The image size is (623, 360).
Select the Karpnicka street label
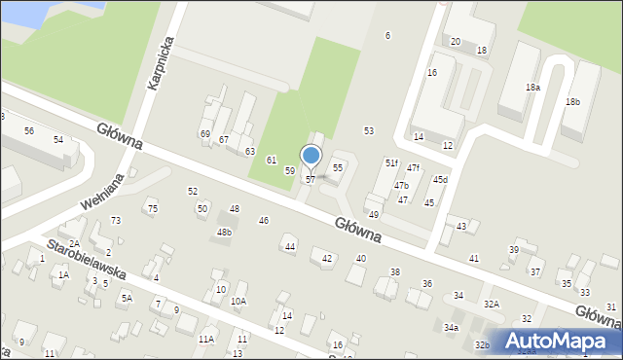tap(162, 64)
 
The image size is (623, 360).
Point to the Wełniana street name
tap(101, 196)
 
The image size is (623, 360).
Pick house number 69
tap(204, 133)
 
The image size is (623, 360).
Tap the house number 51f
tap(390, 162)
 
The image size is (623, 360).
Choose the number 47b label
tap(401, 185)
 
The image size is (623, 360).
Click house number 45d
tap(441, 179)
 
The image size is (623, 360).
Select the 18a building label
tap(532, 88)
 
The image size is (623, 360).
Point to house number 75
tap(151, 208)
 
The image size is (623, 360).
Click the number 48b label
tap(224, 233)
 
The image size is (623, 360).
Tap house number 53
tap(369, 130)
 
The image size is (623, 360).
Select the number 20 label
tap(456, 42)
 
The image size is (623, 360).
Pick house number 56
tap(29, 130)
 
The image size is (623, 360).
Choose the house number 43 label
tap(461, 226)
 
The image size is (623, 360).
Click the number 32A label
tap(492, 305)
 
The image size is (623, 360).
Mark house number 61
tap(272, 160)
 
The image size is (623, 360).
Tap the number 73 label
tap(116, 221)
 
